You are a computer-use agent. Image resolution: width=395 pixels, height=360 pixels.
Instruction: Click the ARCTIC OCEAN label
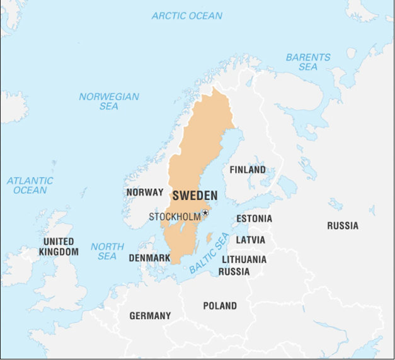(x=187, y=16)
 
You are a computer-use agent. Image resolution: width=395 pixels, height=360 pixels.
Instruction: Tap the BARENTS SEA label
(x=307, y=62)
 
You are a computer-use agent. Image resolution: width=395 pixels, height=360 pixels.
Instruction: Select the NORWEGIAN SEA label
(x=109, y=101)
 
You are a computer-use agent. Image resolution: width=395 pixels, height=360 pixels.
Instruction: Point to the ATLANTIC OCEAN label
(x=30, y=185)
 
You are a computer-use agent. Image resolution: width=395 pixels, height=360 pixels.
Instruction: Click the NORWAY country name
(x=144, y=193)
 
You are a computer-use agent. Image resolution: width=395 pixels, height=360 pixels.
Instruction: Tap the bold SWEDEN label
(x=195, y=196)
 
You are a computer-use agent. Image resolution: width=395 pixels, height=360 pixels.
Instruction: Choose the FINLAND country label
(x=247, y=170)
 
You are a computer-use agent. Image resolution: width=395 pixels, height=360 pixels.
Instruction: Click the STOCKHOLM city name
(x=175, y=217)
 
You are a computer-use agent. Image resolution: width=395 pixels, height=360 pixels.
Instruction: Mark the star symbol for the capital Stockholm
(x=205, y=213)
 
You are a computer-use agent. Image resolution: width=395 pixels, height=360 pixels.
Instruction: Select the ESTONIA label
(x=254, y=219)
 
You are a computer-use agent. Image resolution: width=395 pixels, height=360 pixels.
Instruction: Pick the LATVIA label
(x=250, y=240)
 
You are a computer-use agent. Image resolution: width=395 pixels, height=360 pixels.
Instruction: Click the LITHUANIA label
(x=244, y=259)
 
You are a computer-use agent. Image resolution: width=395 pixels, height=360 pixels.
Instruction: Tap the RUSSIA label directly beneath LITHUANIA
(x=234, y=272)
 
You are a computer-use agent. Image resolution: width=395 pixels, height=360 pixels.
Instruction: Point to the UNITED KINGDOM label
(x=59, y=247)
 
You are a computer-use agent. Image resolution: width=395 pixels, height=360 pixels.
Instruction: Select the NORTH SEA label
(x=107, y=251)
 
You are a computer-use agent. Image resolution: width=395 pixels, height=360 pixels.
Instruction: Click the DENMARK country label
(x=149, y=258)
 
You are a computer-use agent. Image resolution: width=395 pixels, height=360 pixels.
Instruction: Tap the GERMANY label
(x=150, y=315)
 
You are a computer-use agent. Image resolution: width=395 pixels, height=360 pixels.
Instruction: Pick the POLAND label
(x=220, y=306)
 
